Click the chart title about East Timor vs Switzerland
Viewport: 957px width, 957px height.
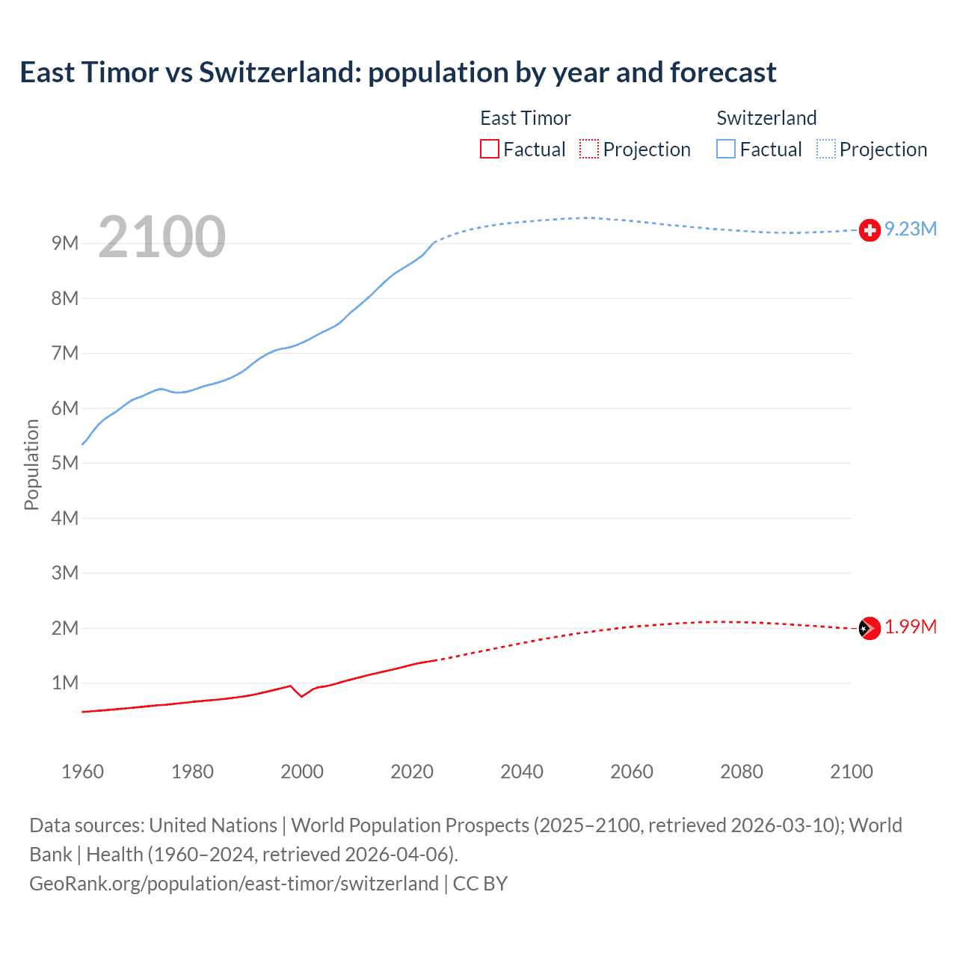[x=398, y=73]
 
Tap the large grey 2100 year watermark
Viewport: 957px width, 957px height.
[x=161, y=237]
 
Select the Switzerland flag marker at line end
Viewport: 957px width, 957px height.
[x=870, y=230]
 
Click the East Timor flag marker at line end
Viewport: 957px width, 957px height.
[x=870, y=629]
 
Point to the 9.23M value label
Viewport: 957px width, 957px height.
[x=911, y=230]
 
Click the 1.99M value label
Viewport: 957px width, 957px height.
[x=911, y=627]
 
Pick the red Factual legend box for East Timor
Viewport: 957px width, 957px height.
[x=490, y=150]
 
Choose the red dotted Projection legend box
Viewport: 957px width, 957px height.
[x=589, y=150]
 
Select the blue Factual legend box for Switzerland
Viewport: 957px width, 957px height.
[x=726, y=150]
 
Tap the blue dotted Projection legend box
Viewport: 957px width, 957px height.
[x=826, y=150]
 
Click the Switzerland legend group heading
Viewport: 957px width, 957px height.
[x=766, y=118]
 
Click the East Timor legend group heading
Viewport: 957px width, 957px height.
[x=525, y=118]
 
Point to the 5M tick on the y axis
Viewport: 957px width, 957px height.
[x=65, y=463]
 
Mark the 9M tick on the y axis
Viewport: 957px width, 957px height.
[x=65, y=244]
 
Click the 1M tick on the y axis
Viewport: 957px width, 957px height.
[x=65, y=683]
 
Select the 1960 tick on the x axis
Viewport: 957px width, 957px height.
[x=82, y=772]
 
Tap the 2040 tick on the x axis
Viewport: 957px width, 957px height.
[x=522, y=772]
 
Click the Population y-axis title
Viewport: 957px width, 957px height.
[x=31, y=464]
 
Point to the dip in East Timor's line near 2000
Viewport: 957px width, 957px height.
[x=301, y=696]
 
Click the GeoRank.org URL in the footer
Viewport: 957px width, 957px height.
[x=234, y=884]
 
